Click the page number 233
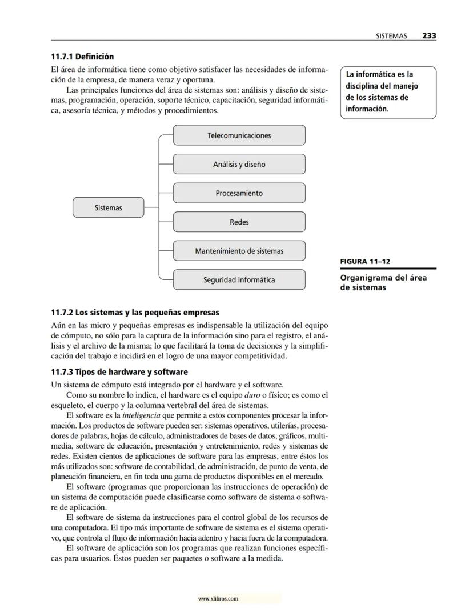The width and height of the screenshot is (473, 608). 429,35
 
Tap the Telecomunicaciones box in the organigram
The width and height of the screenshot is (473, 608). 239,135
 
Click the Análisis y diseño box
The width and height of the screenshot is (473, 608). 239,165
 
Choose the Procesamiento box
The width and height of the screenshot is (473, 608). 239,193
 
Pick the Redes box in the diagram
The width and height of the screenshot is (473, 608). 239,222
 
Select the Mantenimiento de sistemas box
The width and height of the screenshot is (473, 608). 239,251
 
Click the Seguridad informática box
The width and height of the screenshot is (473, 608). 239,280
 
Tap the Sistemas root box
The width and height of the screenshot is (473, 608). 108,207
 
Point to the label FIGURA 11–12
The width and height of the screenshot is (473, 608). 365,262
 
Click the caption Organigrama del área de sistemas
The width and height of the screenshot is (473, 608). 383,283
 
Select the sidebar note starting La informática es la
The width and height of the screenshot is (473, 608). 387,91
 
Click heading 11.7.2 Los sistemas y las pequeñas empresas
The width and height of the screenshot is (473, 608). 135,313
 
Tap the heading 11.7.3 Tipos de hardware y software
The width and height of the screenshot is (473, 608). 119,372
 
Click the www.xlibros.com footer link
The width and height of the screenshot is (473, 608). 218,599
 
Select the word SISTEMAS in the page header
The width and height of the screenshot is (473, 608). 391,35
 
